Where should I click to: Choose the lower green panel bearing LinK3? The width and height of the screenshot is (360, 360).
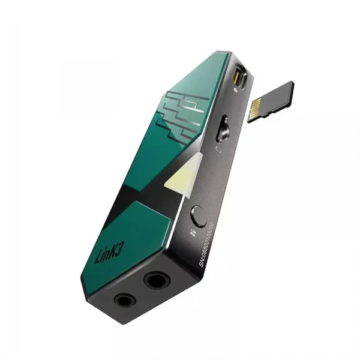click(x=123, y=234)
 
